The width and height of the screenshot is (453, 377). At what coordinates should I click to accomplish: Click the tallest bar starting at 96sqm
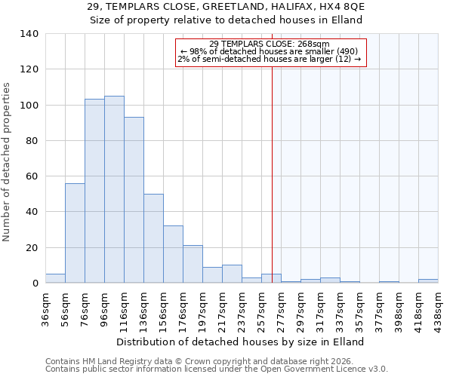click(x=114, y=189)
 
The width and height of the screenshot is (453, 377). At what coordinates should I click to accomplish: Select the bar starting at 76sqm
click(x=94, y=191)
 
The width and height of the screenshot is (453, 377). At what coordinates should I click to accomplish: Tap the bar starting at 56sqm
click(x=75, y=233)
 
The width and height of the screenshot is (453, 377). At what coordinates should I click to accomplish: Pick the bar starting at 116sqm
click(x=134, y=200)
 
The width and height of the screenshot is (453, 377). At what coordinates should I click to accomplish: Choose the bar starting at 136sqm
click(x=153, y=238)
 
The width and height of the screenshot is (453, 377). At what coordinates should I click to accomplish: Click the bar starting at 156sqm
click(x=173, y=254)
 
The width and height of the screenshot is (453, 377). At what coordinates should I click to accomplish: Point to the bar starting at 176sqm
click(x=193, y=264)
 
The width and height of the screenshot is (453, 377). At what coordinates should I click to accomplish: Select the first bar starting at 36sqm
click(x=55, y=278)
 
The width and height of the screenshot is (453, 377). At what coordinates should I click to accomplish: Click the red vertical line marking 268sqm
click(x=272, y=166)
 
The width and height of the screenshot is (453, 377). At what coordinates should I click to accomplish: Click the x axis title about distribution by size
click(x=242, y=342)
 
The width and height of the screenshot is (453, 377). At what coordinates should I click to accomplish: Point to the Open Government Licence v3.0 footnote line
click(x=217, y=369)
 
